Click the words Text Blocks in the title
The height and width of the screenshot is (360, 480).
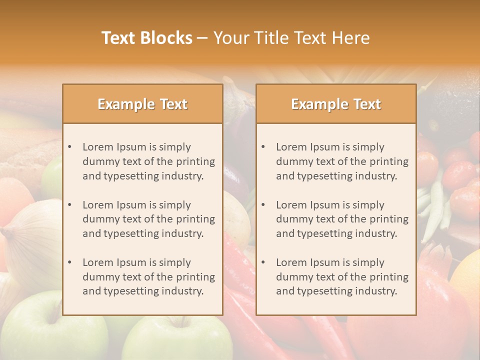(x=147, y=38)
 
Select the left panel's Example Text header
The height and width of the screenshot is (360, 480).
(x=142, y=104)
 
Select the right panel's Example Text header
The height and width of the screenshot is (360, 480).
(x=336, y=104)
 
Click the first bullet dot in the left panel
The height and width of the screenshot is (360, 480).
(x=70, y=147)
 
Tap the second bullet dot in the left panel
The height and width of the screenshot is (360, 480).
(x=70, y=205)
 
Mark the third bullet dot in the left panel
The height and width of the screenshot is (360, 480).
(x=70, y=262)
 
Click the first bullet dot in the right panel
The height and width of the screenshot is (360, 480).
(x=263, y=147)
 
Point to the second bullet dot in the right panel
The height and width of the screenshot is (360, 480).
(x=263, y=205)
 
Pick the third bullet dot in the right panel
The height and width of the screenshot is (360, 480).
(x=263, y=262)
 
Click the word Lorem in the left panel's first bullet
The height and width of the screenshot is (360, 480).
(x=98, y=147)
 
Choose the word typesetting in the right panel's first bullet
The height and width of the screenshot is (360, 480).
(x=327, y=176)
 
